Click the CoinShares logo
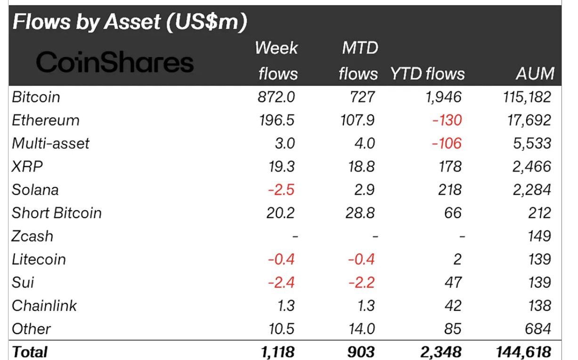tap(115, 62)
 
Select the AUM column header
tap(535, 74)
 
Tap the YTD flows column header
tap(427, 74)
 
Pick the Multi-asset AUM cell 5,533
tap(532, 143)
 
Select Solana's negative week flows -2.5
tap(281, 189)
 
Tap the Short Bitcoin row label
tap(57, 213)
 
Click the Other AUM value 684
tap(537, 328)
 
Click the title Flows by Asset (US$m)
tap(130, 23)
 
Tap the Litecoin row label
tap(39, 259)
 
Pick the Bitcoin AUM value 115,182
tap(527, 97)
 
